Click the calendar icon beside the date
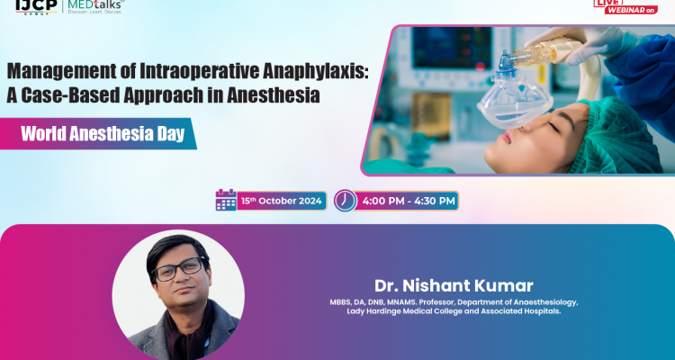tap(226, 200)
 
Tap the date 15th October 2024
tap(283, 200)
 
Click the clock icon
tap(345, 200)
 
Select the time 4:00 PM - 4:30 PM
tap(409, 200)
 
